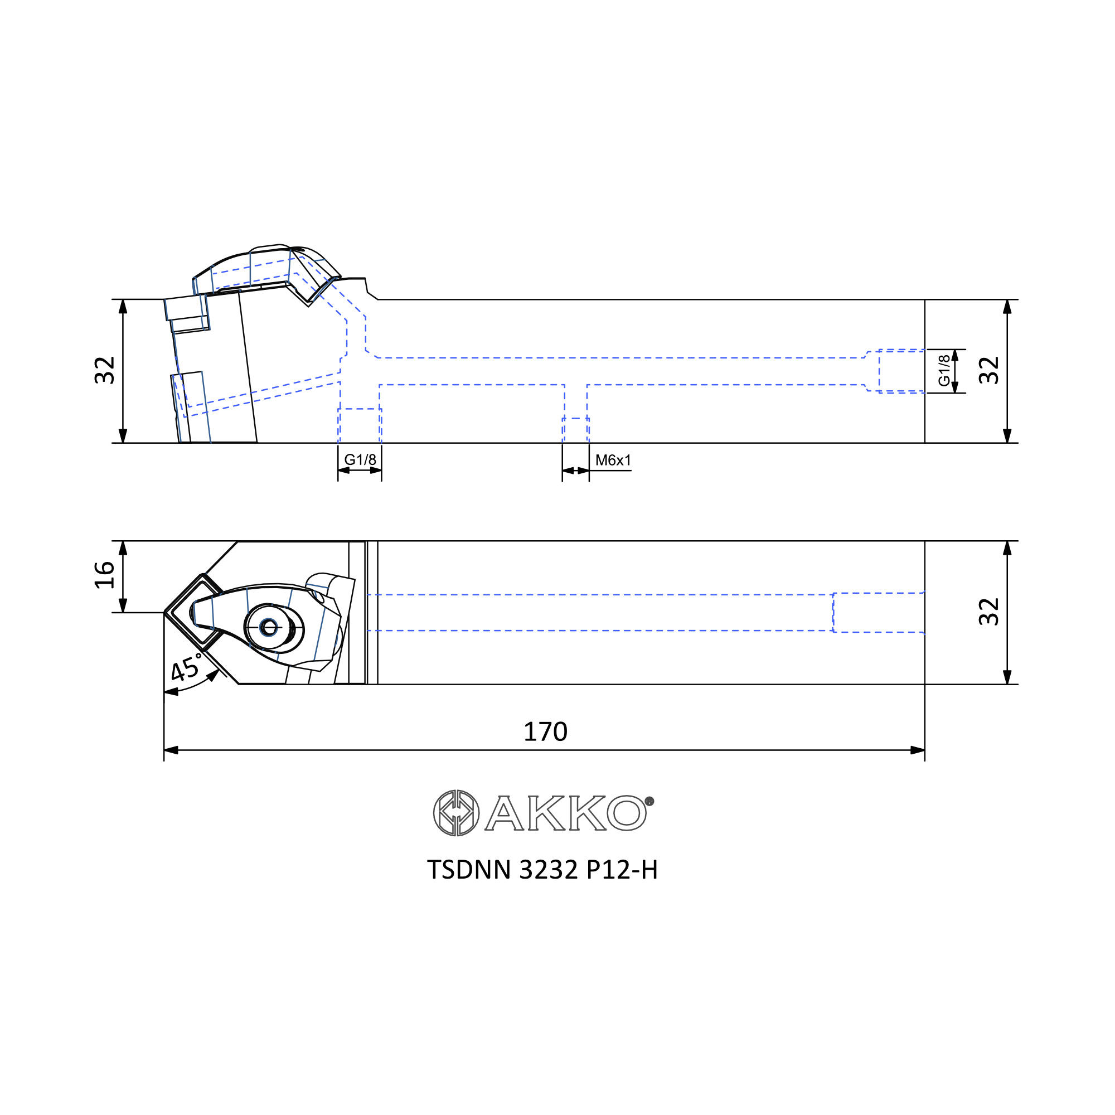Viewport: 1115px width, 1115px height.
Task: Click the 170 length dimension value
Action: click(x=545, y=732)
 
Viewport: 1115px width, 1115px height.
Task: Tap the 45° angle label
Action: click(x=186, y=668)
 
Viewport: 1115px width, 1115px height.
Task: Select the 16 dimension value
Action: click(x=104, y=575)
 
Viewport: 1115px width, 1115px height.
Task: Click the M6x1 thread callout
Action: click(x=613, y=460)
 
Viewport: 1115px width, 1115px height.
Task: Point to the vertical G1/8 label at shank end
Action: click(x=944, y=371)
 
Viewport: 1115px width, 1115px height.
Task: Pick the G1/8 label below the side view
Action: click(x=360, y=459)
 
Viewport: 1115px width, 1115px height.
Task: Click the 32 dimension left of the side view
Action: click(x=104, y=371)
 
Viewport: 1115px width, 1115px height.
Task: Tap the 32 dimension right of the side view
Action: click(x=988, y=371)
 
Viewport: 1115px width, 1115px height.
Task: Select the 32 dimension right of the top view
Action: click(x=988, y=612)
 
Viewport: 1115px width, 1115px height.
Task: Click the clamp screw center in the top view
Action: click(x=269, y=627)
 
